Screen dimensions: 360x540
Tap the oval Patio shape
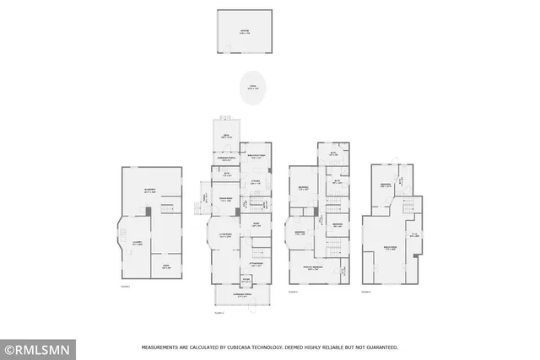[x=251, y=87]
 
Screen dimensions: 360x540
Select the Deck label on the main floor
[x=226, y=137]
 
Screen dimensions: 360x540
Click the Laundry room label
[x=136, y=243]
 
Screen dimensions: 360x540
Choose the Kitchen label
[x=255, y=181]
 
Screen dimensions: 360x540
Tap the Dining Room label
[x=225, y=200]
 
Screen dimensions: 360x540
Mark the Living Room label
[x=226, y=236]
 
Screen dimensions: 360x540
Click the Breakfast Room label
[x=256, y=156]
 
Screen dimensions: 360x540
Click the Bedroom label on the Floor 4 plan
[x=384, y=184]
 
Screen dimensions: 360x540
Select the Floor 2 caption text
[x=219, y=313]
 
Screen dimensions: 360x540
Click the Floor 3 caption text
[x=293, y=292]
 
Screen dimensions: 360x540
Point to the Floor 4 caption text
[x=366, y=292]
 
